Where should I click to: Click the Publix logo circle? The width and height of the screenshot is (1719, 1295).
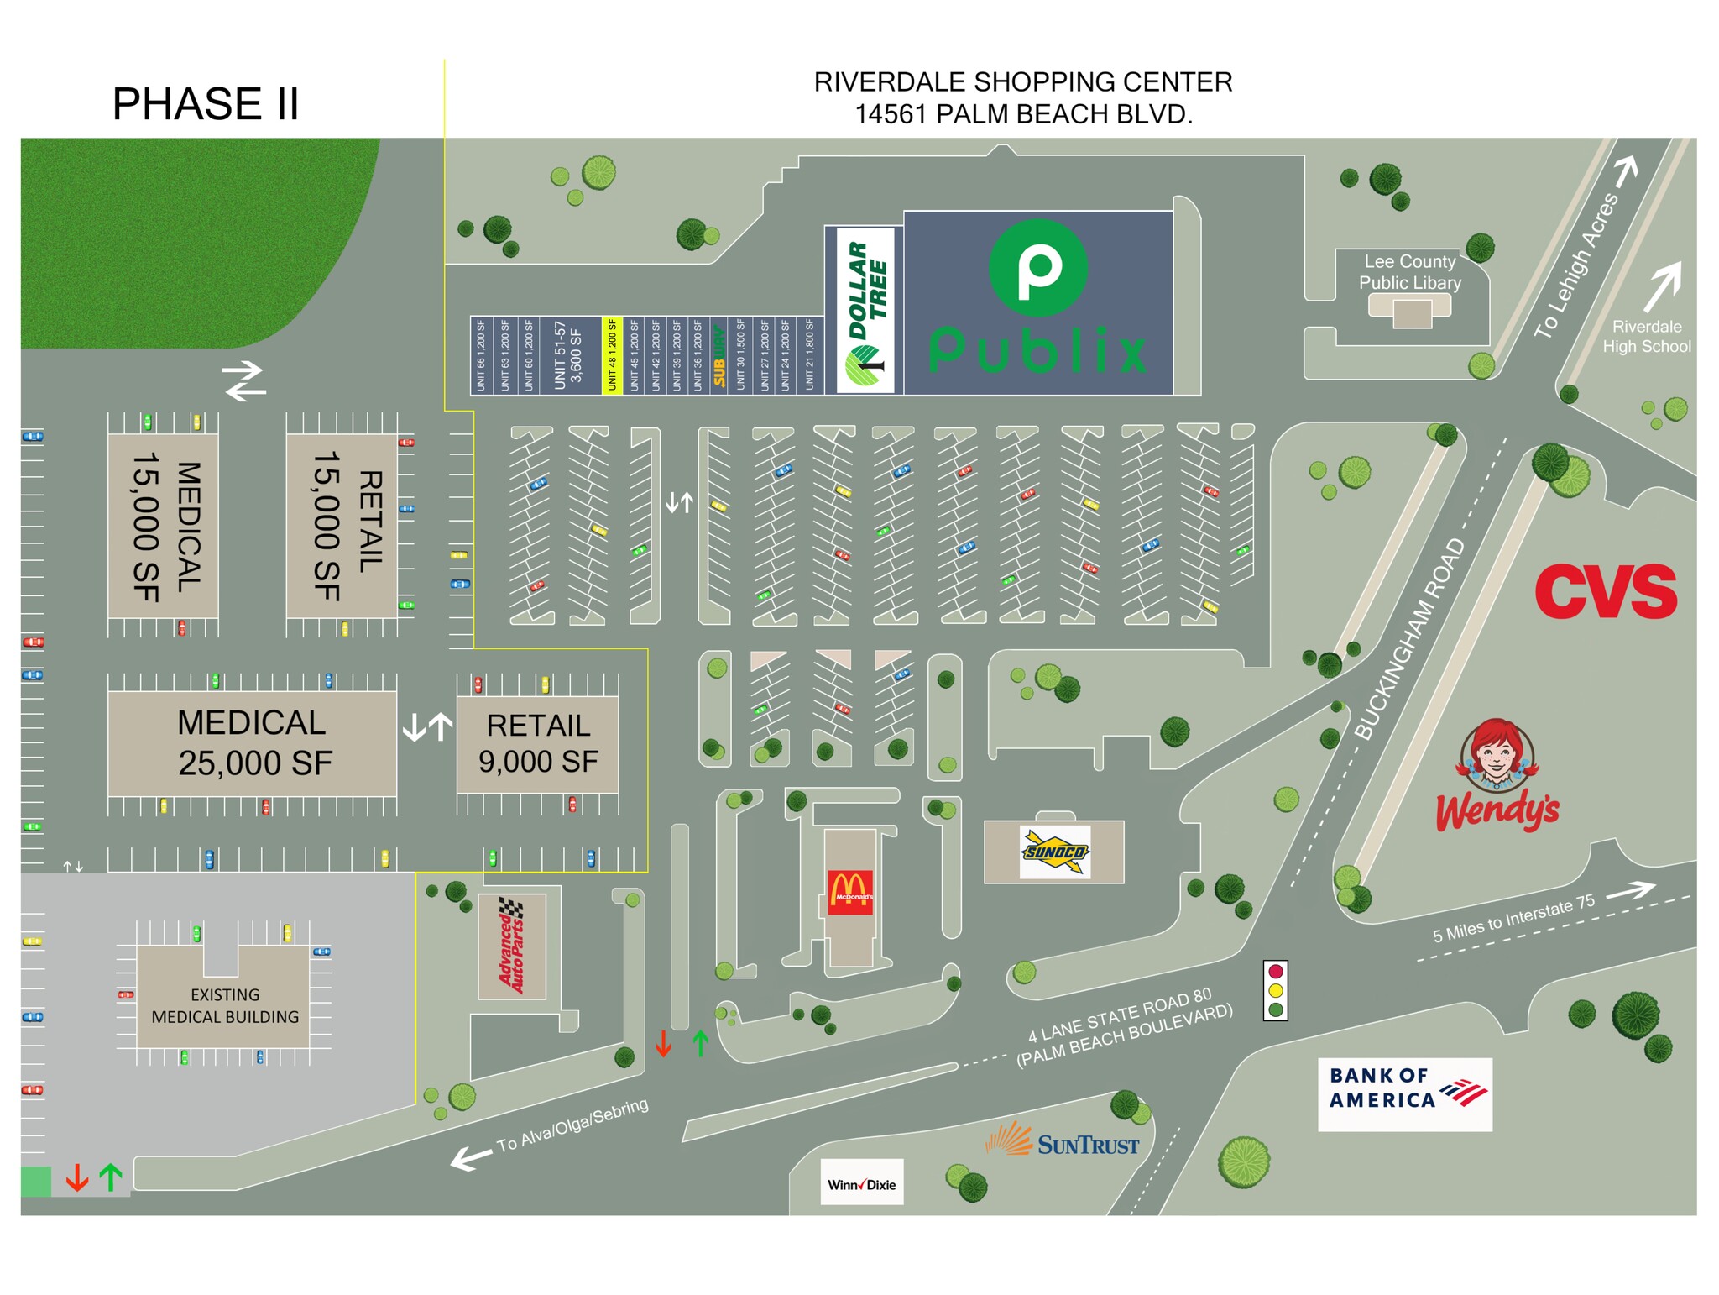click(x=1038, y=268)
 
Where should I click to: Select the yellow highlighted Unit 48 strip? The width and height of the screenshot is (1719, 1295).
click(x=612, y=354)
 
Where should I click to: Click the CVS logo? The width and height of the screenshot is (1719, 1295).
click(x=1605, y=591)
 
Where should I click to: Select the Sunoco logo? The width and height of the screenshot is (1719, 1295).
click(x=1054, y=852)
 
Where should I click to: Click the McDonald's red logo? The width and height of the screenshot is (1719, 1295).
click(x=850, y=893)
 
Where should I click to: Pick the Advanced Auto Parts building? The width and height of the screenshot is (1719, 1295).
click(x=511, y=946)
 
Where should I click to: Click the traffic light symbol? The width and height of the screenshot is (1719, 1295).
click(x=1275, y=991)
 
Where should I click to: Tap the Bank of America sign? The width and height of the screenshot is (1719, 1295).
click(x=1404, y=1093)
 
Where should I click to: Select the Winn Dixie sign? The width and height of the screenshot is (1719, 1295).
click(x=861, y=1184)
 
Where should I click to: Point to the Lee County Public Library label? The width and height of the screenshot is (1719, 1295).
click(x=1409, y=272)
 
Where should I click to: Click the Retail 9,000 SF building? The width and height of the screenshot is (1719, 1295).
click(x=537, y=743)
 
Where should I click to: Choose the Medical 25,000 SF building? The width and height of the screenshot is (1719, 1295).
click(x=252, y=743)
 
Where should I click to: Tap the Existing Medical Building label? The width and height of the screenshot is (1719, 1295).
click(x=224, y=1005)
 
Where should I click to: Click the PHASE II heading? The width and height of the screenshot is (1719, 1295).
click(x=205, y=104)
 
